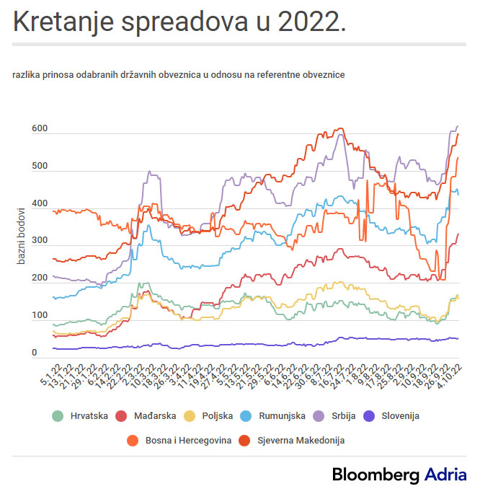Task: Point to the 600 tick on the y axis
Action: (39, 129)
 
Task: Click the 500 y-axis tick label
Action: (39, 167)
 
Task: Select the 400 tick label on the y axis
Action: (39, 204)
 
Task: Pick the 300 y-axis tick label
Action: (39, 241)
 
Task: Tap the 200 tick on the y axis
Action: (39, 278)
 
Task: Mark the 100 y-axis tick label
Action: (39, 316)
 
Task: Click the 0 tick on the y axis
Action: (34, 353)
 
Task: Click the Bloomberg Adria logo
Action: (399, 475)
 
